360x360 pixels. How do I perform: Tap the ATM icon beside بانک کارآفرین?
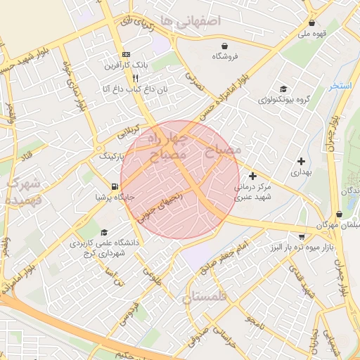click(126, 55)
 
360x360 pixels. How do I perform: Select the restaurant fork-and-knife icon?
click(135, 78)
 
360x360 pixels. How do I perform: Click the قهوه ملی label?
click(314, 32)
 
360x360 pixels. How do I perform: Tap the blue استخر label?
click(341, 86)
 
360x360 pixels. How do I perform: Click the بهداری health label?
click(300, 172)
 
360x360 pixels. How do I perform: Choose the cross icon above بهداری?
click(302, 161)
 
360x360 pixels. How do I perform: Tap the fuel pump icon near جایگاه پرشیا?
click(114, 186)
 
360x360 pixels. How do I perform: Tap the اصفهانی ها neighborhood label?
click(191, 22)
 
